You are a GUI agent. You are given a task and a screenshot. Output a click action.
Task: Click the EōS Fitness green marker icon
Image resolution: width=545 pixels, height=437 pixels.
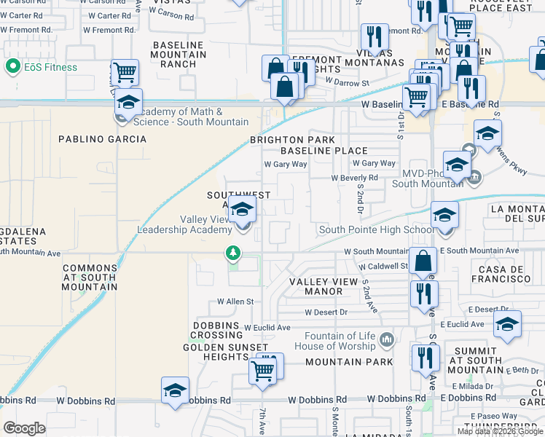coord(12,67)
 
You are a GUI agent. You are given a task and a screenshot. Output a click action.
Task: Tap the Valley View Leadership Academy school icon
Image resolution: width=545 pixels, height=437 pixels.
coord(242,210)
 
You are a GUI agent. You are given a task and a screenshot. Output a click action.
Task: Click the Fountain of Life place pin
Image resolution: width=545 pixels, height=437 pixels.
coord(386,339)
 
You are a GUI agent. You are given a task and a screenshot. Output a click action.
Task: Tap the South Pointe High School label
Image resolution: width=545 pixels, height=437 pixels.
coord(376,230)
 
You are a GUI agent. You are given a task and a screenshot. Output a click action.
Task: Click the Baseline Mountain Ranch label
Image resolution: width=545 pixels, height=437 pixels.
coord(179,55)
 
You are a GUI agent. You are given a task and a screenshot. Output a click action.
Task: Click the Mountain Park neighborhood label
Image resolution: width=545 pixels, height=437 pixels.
coord(349,361)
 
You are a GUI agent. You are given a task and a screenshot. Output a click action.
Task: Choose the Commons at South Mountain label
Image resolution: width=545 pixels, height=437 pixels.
coord(90,277)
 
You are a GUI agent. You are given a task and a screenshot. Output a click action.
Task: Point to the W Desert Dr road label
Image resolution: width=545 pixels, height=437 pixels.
coord(327,312)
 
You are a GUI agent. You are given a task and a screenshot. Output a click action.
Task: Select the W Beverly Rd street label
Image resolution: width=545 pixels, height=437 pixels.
coord(354,178)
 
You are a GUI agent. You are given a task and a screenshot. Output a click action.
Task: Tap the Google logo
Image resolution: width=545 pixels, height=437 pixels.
coord(25,428)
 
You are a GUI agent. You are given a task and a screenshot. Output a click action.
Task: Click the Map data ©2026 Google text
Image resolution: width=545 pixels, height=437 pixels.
coord(500,431)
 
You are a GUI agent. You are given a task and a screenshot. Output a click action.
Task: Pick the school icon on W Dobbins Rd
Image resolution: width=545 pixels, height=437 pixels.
coord(176,391)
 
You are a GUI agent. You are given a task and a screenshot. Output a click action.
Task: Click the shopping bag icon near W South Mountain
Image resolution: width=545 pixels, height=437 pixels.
coord(423,260)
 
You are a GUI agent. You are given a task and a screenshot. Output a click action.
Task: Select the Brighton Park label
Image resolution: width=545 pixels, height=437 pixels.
coord(293,140)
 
